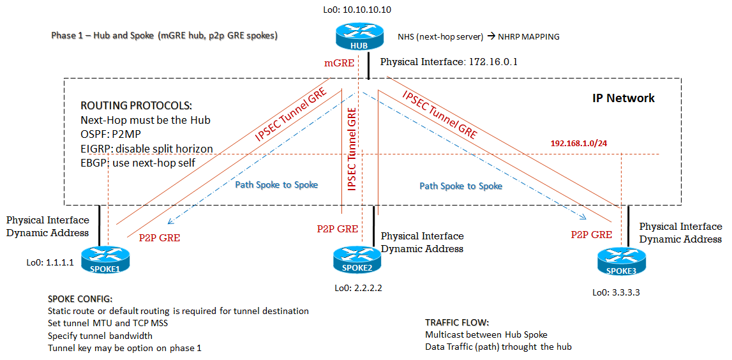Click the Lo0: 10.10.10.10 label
(x=357, y=10)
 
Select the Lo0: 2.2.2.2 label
(x=358, y=288)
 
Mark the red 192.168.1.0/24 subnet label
(x=578, y=144)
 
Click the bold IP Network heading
(x=623, y=98)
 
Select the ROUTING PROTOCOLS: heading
(x=136, y=105)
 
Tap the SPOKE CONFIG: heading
(x=80, y=299)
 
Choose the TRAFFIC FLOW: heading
(x=457, y=322)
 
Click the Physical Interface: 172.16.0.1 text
(x=449, y=63)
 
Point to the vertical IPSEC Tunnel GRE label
(x=352, y=150)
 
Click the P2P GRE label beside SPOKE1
(x=160, y=237)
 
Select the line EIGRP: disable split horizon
(x=147, y=149)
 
